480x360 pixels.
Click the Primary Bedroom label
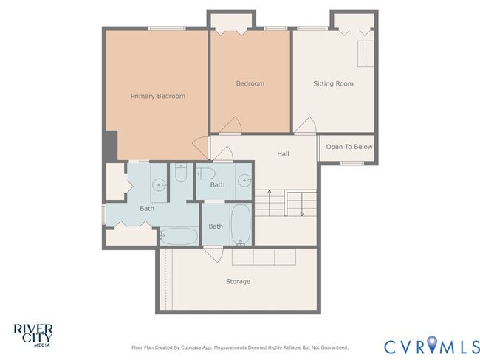point(158,96)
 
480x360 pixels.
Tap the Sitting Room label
point(333,83)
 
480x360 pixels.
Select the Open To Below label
point(349,147)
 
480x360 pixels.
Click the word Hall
point(283,153)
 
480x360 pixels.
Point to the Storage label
point(238,281)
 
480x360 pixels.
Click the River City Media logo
point(33,336)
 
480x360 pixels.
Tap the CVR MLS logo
point(432,345)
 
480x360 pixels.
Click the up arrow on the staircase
point(270,203)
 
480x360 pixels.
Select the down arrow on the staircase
point(302,204)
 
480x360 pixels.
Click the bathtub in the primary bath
point(179,236)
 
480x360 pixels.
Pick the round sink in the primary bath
point(160,184)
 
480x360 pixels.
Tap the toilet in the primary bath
point(181,173)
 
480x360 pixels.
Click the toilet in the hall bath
point(206,174)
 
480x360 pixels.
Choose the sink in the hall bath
point(244,181)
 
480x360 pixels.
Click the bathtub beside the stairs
point(241,224)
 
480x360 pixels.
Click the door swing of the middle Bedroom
point(231,125)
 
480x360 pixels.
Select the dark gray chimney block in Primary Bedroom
point(111,145)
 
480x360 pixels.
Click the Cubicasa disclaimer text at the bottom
point(240,347)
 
